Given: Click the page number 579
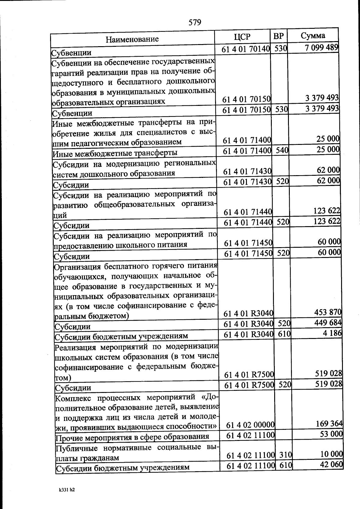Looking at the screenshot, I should [x=195, y=22].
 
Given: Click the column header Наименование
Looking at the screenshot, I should [x=132, y=39].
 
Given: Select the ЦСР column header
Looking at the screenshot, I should [x=242, y=37].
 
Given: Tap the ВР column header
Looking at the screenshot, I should [x=278, y=36].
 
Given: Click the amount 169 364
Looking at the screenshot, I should [x=329, y=424].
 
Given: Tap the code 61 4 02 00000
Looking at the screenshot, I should [x=250, y=425].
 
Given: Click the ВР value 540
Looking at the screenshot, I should [x=282, y=150].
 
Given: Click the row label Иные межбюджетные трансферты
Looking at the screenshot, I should [x=115, y=153].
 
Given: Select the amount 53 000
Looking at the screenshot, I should [x=331, y=434].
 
